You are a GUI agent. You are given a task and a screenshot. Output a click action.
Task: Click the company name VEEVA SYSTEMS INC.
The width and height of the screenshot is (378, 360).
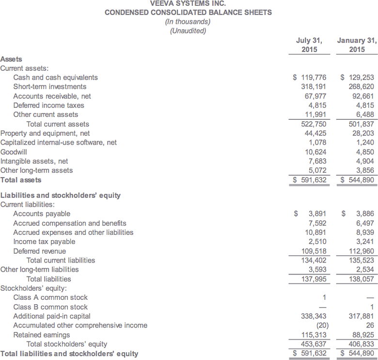click(189, 3)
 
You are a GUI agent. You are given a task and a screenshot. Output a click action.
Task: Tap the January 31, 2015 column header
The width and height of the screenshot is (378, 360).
click(357, 45)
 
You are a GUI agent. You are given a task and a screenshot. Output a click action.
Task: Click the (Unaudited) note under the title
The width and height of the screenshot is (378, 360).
click(189, 31)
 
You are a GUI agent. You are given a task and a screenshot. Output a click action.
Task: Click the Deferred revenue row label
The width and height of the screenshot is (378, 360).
click(39, 251)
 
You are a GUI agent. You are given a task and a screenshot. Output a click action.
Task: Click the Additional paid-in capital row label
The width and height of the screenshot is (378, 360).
click(52, 316)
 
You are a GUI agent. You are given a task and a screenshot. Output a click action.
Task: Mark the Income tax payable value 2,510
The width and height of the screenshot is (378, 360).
click(317, 242)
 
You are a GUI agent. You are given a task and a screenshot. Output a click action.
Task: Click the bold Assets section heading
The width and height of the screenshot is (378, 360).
click(11, 59)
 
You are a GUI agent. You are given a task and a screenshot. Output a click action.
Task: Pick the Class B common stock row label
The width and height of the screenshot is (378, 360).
click(50, 307)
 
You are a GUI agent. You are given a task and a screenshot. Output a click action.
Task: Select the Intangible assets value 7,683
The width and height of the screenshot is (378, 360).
click(317, 161)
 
